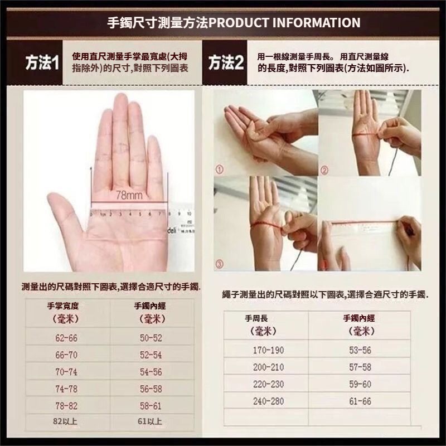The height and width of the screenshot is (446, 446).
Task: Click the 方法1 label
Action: pyautogui.click(x=42, y=62)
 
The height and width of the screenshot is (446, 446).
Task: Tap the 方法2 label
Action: pyautogui.click(x=226, y=62)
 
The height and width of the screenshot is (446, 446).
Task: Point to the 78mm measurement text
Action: pyautogui.click(x=129, y=195)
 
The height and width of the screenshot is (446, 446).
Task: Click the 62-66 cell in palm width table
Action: pyautogui.click(x=66, y=338)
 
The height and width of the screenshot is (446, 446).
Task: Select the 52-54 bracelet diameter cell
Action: pyautogui.click(x=151, y=355)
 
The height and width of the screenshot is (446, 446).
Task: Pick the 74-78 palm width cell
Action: pyautogui.click(x=66, y=389)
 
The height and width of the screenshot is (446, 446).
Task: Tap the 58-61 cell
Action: pyautogui.click(x=151, y=406)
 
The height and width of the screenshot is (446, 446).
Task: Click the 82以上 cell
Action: pyautogui.click(x=65, y=421)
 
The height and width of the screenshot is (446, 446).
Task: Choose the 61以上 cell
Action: pyautogui.click(x=150, y=421)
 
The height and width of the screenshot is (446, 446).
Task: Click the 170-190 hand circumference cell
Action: pyautogui.click(x=269, y=350)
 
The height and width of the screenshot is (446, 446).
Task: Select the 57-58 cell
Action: pyautogui.click(x=360, y=367)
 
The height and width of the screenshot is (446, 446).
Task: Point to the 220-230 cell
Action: pyautogui.click(x=269, y=384)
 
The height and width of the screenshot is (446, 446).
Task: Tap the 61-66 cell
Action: pyautogui.click(x=360, y=401)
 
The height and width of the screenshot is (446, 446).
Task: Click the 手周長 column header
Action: pyautogui.click(x=256, y=318)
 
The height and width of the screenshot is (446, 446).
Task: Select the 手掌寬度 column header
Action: pyautogui.click(x=63, y=306)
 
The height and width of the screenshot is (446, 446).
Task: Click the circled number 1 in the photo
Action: pyautogui.click(x=219, y=170)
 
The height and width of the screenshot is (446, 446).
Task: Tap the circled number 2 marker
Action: pyautogui.click(x=324, y=170)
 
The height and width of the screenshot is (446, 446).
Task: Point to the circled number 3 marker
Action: pyautogui.click(x=219, y=264)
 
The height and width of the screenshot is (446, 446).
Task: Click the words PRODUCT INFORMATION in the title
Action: pyautogui.click(x=284, y=23)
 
